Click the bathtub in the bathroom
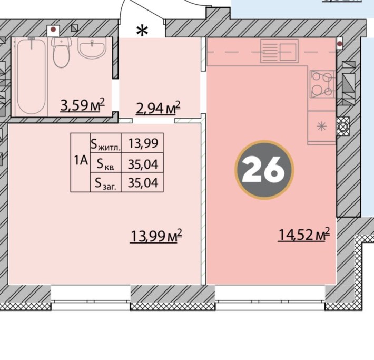coord(32,76)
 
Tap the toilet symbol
coord(62,52)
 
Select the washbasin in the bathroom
coord(92,48)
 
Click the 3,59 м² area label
coord(83,105)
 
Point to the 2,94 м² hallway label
coord(158,108)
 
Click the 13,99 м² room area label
coord(156,236)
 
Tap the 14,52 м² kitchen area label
coord(304,234)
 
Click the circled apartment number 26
coord(264,170)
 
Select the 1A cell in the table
coord(81,162)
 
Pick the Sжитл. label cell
coord(106,143)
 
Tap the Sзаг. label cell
coord(106,182)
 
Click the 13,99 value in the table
coord(143,143)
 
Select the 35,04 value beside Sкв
coord(143,164)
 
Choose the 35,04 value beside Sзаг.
coord(143,182)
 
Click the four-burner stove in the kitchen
coord(322,84)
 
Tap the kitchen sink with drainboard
coord(279,51)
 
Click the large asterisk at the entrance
coord(142,31)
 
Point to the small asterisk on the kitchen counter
coord(321,126)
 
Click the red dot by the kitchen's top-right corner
coord(340,44)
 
